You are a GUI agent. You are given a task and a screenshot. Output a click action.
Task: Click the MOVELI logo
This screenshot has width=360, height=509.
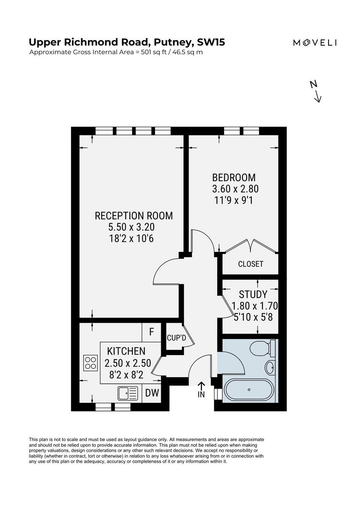click(x=315, y=42)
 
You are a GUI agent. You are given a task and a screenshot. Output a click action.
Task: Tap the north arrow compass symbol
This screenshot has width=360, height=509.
click(x=316, y=92)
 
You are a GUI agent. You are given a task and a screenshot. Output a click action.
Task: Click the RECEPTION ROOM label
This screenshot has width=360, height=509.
click(x=134, y=215)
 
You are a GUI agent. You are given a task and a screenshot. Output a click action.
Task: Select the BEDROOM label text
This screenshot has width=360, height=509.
click(x=234, y=177)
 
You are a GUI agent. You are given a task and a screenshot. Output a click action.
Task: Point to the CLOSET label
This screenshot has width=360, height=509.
click(x=250, y=264)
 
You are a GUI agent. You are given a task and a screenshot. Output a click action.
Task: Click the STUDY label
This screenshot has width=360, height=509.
click(x=253, y=294)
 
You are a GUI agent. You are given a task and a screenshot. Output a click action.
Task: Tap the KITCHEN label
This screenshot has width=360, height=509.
click(x=126, y=351)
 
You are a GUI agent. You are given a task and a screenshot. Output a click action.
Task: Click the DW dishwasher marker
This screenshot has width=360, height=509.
click(x=152, y=393)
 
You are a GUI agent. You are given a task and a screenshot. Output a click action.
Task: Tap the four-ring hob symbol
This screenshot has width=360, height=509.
click(x=90, y=363)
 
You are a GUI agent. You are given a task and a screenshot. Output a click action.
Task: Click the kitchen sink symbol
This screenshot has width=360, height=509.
click(x=127, y=393)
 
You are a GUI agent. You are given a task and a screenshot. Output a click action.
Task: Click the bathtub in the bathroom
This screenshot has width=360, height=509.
click(x=249, y=389)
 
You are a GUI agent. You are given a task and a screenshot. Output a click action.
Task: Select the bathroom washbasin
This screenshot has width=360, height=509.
click(x=270, y=366)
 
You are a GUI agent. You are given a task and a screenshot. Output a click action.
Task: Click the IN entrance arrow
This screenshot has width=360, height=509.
click(x=201, y=389)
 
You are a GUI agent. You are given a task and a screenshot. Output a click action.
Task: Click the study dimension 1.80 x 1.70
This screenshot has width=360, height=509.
click(x=254, y=305)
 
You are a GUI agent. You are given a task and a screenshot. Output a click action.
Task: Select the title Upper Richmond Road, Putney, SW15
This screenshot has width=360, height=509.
click(x=127, y=42)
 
